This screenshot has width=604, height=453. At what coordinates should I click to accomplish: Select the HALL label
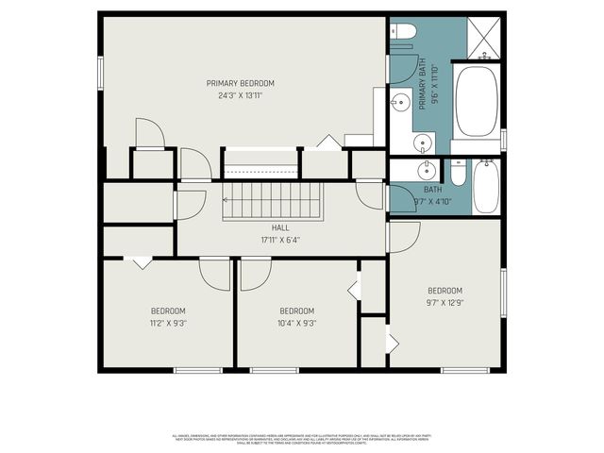pos(280,227)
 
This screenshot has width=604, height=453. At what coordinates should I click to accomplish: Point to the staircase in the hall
pos(273,201)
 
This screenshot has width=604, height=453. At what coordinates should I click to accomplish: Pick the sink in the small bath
pos(428,171)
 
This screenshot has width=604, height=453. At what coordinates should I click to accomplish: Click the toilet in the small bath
pos(459,173)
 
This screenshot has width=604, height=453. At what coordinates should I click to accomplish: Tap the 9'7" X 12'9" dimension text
pos(445,303)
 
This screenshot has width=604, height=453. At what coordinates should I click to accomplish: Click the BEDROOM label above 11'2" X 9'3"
pos(168,311)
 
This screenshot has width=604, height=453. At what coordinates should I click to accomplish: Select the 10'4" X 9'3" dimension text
pos(296,323)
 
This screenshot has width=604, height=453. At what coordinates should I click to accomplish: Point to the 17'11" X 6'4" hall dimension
pos(280,240)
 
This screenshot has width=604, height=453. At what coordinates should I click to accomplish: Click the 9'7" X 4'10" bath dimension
pos(432,201)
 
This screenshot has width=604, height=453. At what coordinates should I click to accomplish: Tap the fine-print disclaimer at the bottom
pos(302,440)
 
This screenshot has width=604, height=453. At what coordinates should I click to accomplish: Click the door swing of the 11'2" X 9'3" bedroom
pos(214,273)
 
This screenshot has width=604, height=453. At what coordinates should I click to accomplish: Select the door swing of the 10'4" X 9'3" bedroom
pos(255,273)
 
